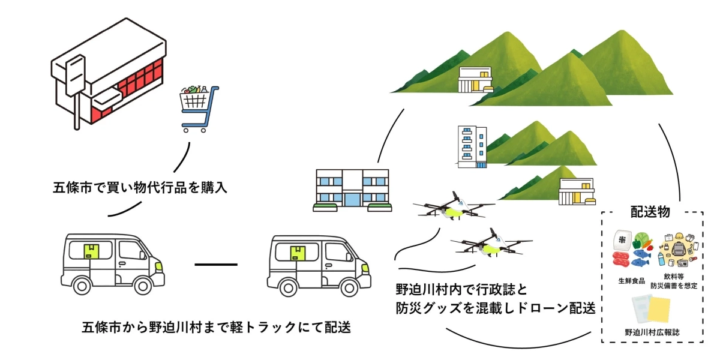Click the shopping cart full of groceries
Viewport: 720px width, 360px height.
pos(199,109)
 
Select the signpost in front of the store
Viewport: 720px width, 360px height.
pos(76,90)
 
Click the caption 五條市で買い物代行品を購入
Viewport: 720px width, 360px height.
pos(140,187)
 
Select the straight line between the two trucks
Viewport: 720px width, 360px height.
pos(216,264)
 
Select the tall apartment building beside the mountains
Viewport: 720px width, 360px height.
pos(471,145)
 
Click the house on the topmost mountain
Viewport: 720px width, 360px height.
pos(476,80)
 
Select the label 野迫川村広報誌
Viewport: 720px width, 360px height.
pos(652,331)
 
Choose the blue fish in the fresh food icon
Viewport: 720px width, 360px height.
pos(640,259)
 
